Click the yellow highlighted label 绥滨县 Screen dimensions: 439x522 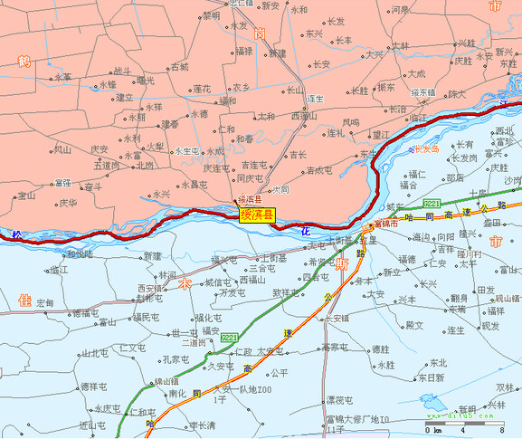(257, 215)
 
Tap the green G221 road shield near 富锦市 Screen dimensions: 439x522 (432, 204)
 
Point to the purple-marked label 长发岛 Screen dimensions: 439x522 (425, 149)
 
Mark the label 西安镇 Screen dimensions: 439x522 (149, 288)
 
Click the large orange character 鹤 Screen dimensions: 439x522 (24, 61)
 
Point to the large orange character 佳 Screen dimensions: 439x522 (24, 300)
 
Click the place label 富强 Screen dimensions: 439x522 (62, 183)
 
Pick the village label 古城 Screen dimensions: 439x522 (179, 67)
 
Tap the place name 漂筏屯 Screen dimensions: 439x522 (338, 399)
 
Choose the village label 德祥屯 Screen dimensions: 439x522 (95, 387)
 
